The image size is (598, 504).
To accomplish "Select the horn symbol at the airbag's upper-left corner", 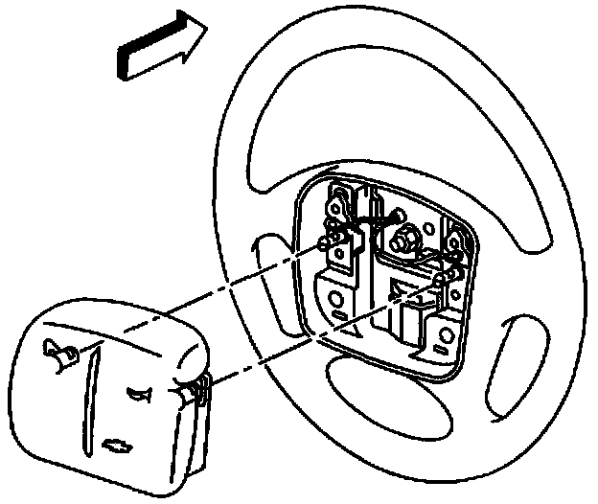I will click(58, 354).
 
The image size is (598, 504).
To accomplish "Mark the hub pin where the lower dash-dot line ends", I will click(443, 278).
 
